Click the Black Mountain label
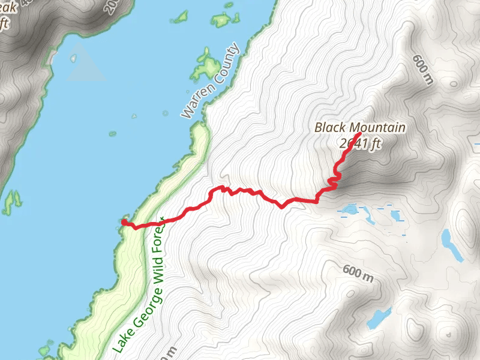tap(360, 128)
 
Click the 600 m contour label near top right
tap(422, 70)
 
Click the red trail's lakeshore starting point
tap(124, 222)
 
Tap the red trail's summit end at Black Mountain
tap(358, 134)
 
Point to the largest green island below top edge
tap(206, 67)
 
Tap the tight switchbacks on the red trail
tap(334, 181)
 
